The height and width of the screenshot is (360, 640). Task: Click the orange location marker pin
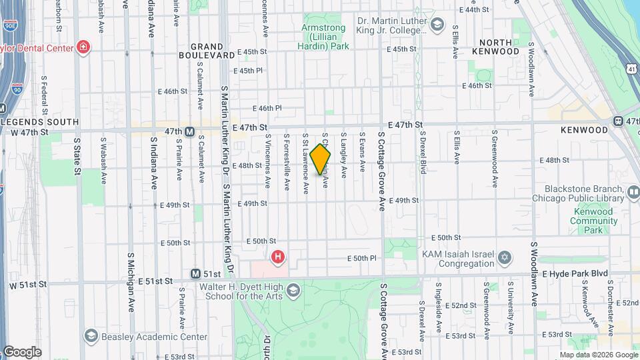(321, 159)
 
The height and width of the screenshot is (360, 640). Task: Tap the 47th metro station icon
(190, 131)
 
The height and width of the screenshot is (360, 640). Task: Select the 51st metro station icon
(195, 274)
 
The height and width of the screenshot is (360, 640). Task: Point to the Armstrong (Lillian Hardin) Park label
(325, 37)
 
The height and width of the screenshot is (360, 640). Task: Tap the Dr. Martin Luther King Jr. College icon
(437, 25)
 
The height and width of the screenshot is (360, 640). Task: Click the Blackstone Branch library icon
(634, 193)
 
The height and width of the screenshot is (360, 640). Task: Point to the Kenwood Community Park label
(592, 221)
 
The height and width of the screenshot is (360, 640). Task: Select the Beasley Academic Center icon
(91, 337)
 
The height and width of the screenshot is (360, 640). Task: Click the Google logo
(22, 352)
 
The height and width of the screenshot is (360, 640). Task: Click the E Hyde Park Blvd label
(575, 274)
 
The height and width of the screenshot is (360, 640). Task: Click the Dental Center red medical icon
(83, 47)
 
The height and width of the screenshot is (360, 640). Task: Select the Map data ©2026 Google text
(598, 355)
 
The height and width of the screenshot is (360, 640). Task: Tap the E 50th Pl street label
(365, 258)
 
